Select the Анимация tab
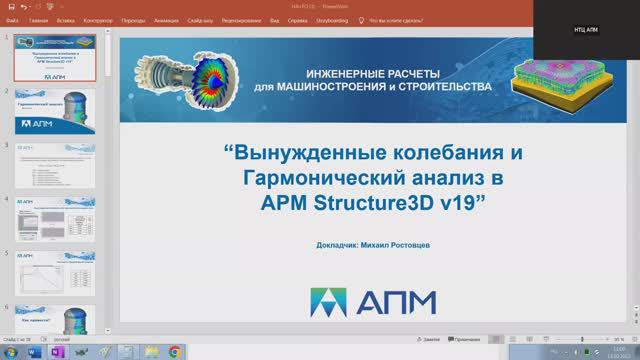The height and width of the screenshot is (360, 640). pyautogui.click(x=166, y=18)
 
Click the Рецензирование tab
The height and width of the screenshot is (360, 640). pyautogui.click(x=243, y=18)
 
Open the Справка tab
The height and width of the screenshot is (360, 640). pyautogui.click(x=314, y=18)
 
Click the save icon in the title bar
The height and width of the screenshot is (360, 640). pyautogui.click(x=9, y=5)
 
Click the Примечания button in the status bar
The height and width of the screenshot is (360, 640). pyautogui.click(x=466, y=341)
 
